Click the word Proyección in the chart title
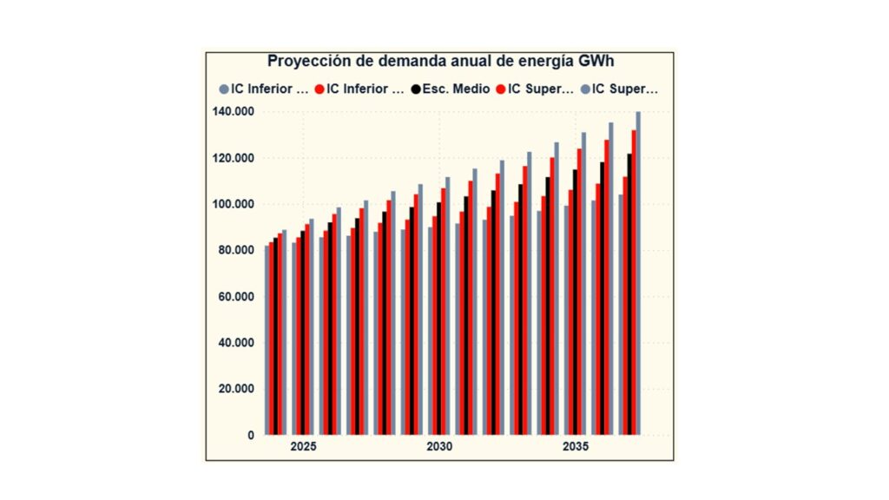[x=306, y=62]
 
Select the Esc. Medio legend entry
[x=451, y=89]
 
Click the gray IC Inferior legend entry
[x=265, y=89]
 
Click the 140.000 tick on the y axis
[x=233, y=112]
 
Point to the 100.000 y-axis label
[x=233, y=204]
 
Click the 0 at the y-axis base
[x=250, y=434]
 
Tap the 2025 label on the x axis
[x=303, y=448]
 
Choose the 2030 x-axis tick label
[x=439, y=448]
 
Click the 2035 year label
[x=575, y=448]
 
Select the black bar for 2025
[x=303, y=339]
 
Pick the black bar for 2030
[x=439, y=321]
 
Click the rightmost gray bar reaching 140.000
[x=638, y=278]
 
